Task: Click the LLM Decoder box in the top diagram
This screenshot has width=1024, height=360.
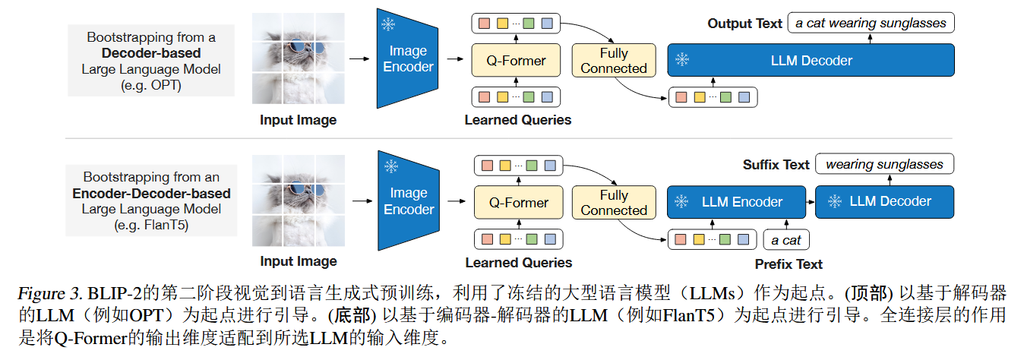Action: tap(811, 60)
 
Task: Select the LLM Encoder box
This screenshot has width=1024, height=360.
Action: tap(735, 202)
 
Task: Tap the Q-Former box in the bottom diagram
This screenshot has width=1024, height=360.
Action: tap(518, 203)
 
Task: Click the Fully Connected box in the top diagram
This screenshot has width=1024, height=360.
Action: tap(613, 61)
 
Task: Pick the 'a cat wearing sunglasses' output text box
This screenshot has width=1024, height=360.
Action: tap(871, 23)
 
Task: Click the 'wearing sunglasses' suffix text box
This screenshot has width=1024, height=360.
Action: tap(884, 164)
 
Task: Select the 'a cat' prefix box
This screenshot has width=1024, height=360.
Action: tap(786, 240)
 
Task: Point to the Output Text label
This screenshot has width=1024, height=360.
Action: tap(744, 24)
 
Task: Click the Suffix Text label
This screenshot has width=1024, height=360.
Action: tap(776, 165)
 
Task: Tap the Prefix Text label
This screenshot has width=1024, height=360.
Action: tap(789, 264)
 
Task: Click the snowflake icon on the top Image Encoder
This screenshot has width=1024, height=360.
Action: tap(388, 25)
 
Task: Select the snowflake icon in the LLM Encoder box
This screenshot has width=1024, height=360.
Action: tap(682, 202)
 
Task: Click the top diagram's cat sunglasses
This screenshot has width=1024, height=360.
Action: tap(303, 51)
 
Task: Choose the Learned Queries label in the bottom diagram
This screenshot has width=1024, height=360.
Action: tap(518, 263)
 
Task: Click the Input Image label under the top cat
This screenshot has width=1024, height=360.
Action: tap(298, 120)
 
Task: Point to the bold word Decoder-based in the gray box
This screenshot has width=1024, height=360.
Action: tap(151, 53)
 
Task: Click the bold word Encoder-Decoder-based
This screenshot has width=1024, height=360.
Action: tap(151, 193)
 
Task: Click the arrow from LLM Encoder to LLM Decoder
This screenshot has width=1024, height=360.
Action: tap(810, 202)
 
